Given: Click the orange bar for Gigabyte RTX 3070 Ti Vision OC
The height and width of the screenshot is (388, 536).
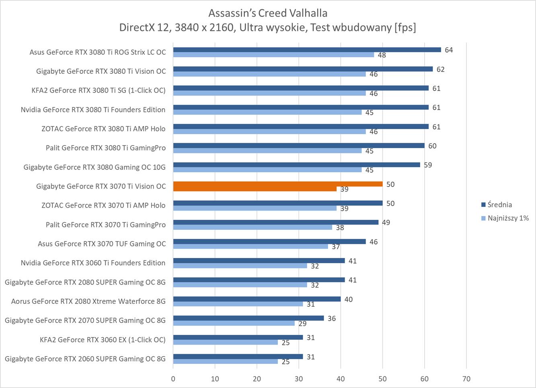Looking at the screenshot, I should pyautogui.click(x=277, y=184).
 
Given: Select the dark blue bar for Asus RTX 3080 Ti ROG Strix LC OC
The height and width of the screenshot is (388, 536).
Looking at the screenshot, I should pyautogui.click(x=307, y=50).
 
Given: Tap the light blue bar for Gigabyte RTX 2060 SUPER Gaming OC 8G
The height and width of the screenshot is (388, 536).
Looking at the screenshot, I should pyautogui.click(x=225, y=361).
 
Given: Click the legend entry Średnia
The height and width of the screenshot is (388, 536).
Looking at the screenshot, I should pyautogui.click(x=499, y=204).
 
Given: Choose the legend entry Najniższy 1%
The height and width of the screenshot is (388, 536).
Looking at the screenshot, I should pyautogui.click(x=508, y=218).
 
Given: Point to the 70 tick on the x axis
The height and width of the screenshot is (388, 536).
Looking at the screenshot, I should pyautogui.click(x=466, y=379).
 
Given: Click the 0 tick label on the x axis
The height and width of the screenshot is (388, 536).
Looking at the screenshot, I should pyautogui.click(x=173, y=379).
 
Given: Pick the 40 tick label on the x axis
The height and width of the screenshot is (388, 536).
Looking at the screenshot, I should pyautogui.click(x=341, y=379).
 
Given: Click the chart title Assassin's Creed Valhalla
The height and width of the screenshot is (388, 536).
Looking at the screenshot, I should pyautogui.click(x=268, y=13).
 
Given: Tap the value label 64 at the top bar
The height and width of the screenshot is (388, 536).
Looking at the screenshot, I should pyautogui.click(x=449, y=50).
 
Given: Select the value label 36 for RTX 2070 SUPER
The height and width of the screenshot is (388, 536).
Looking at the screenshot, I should pyautogui.click(x=331, y=318).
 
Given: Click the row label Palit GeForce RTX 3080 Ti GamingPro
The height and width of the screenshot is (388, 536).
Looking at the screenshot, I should pyautogui.click(x=105, y=148).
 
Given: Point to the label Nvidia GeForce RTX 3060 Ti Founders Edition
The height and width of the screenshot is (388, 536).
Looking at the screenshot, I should pyautogui.click(x=93, y=263).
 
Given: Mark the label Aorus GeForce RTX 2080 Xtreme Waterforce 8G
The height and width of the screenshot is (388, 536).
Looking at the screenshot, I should pyautogui.click(x=88, y=301).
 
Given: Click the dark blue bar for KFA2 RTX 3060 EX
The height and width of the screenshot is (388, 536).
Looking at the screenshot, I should pyautogui.click(x=238, y=337).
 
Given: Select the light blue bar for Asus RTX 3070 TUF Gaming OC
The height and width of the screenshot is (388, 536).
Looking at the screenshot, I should pyautogui.click(x=251, y=246).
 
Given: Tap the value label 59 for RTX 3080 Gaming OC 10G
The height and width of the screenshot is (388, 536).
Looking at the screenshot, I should pyautogui.click(x=428, y=165).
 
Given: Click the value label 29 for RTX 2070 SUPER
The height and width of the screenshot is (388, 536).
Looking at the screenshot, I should pyautogui.click(x=302, y=323).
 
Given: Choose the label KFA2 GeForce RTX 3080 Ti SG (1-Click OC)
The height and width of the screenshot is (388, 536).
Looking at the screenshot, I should pyautogui.click(x=99, y=90).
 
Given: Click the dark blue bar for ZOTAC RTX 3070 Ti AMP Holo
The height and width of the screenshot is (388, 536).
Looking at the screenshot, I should pyautogui.click(x=277, y=203).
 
